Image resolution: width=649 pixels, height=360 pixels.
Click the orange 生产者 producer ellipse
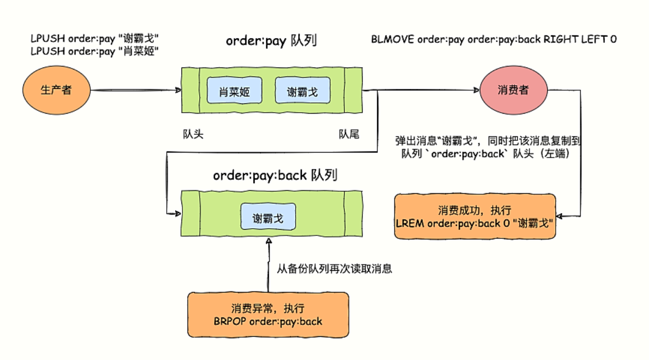56,90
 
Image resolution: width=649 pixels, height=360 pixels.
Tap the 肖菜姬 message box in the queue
234,92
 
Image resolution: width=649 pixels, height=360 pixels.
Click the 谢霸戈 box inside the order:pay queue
302,92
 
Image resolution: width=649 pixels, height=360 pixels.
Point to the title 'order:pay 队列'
271,41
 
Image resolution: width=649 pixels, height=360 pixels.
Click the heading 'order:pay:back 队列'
275,175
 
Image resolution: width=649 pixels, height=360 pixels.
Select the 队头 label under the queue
193,134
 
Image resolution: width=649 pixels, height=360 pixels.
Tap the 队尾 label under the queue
349,134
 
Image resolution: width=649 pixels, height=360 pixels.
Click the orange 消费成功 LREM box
475,216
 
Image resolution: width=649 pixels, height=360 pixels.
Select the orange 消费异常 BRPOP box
268,315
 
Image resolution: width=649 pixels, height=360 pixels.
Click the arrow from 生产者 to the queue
135,91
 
